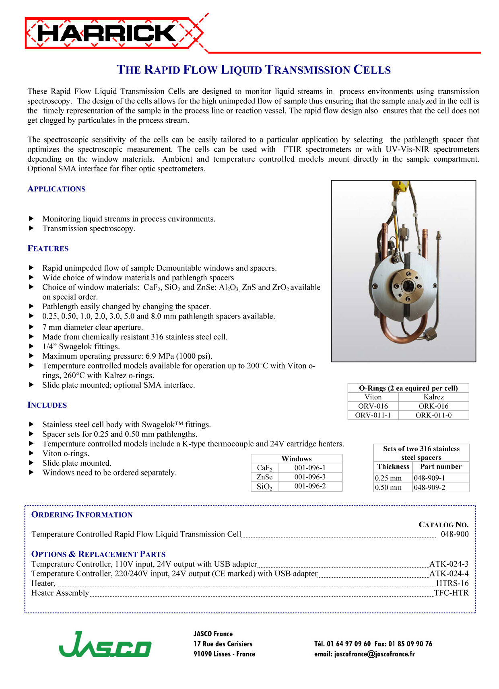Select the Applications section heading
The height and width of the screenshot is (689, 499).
tap(56, 189)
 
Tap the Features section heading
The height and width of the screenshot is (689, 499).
tap(48, 249)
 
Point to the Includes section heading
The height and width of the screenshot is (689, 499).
tap(47, 405)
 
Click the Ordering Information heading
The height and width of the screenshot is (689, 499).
tap(82, 515)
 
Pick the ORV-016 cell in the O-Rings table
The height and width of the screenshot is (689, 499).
tap(373, 406)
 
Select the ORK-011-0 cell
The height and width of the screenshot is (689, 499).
tap(433, 415)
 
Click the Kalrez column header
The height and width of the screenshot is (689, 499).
tap(433, 397)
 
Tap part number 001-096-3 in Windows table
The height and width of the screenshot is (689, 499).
tap(310, 477)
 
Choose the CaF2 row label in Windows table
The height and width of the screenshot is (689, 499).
tap(264, 468)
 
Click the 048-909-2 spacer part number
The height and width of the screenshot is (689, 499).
tap(429, 487)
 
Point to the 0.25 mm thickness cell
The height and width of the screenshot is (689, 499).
tap(388, 478)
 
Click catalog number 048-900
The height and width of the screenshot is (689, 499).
tap(454, 534)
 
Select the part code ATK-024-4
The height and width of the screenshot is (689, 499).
tap(449, 574)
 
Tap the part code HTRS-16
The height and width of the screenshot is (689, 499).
tap(452, 583)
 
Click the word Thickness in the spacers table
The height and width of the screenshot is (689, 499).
tap(393, 467)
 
